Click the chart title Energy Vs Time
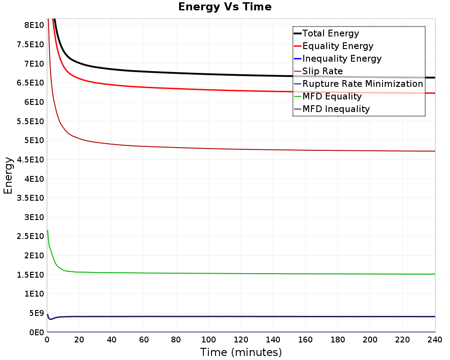(225, 7)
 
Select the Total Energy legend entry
(326, 33)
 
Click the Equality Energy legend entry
(334, 46)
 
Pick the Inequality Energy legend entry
(338, 58)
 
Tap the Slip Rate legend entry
(319, 71)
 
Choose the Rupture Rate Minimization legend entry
(359, 84)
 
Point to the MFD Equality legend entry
(328, 96)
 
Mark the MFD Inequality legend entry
(332, 109)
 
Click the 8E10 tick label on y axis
(34, 25)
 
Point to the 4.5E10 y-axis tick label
(31, 160)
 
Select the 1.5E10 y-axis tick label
(31, 275)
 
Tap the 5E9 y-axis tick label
(36, 313)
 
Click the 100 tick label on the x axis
(208, 340)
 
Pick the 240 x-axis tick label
(435, 340)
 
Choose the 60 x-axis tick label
(144, 340)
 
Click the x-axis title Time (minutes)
(241, 352)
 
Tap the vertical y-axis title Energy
(8, 175)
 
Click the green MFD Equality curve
(241, 274)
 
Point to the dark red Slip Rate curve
(241, 149)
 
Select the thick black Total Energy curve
(241, 75)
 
